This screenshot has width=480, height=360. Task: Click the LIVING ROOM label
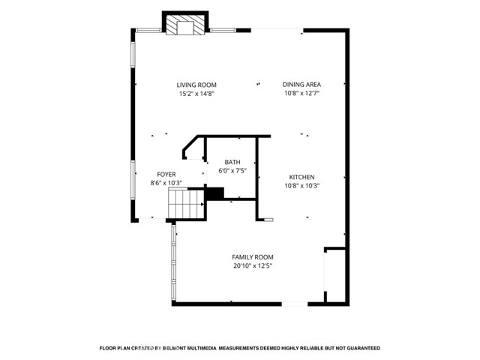[196, 85]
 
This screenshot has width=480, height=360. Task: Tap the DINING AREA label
[301, 85]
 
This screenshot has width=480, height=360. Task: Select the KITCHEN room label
[301, 177]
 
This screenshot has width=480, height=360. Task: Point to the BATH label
[232, 162]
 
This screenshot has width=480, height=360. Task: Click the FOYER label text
[166, 175]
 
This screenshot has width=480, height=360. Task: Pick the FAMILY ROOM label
[253, 257]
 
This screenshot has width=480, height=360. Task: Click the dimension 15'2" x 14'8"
[196, 94]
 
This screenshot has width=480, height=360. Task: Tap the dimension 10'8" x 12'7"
[301, 93]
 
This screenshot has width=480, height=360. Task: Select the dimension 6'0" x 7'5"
[232, 171]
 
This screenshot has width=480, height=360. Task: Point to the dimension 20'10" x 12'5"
[253, 266]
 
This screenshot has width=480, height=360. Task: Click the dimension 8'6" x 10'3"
[166, 183]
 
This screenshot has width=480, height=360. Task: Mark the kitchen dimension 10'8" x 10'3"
[301, 185]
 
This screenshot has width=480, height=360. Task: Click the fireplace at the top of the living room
[185, 23]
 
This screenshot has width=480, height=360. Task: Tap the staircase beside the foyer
[187, 204]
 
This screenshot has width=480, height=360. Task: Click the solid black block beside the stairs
[214, 193]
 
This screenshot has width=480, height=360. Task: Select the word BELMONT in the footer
[175, 348]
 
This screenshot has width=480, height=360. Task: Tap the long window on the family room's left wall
[174, 263]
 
